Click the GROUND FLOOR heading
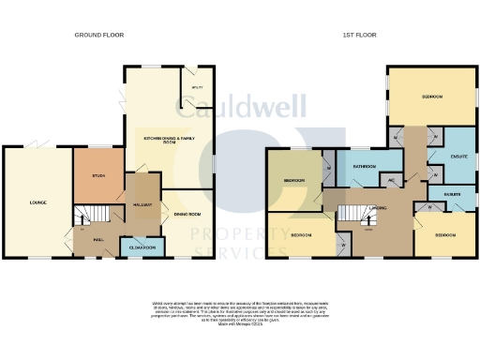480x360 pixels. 94,35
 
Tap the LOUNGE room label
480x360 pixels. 37,202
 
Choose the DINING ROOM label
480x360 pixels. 187,215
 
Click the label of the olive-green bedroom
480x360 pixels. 293,180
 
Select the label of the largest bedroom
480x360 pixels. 432,97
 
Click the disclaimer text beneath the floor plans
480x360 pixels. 240,311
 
